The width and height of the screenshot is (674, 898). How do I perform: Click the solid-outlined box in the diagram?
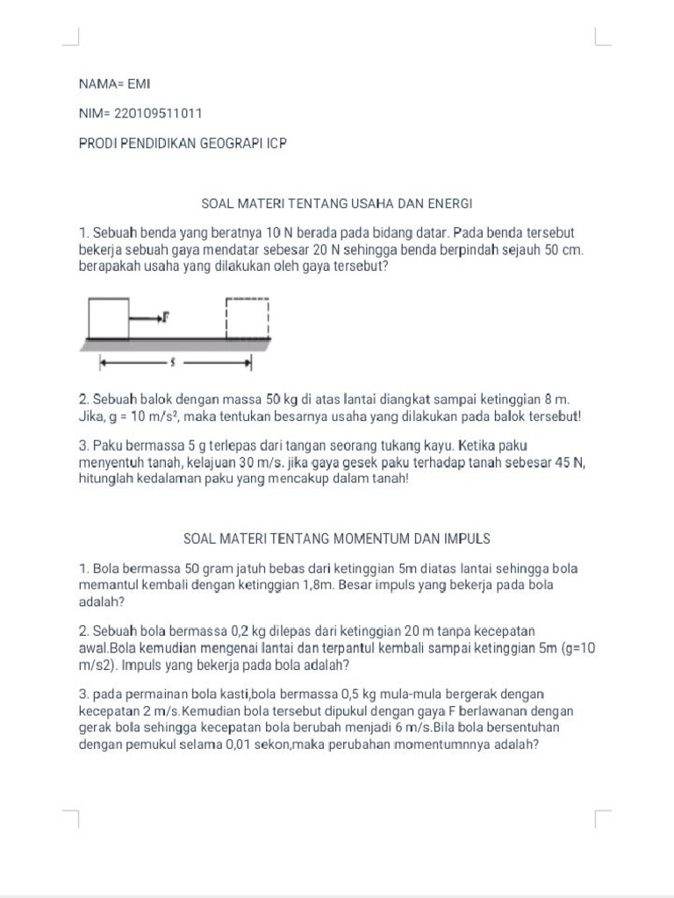(108, 317)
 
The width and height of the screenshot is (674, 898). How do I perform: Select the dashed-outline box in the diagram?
(247, 317)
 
